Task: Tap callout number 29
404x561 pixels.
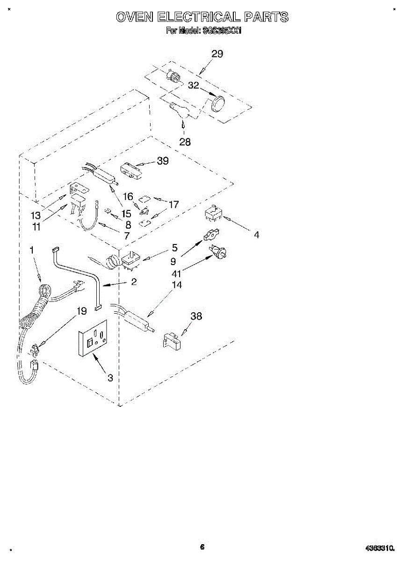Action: (x=217, y=54)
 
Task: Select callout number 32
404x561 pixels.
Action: (x=193, y=86)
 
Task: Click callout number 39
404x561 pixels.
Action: (x=163, y=161)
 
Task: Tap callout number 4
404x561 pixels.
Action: (x=256, y=235)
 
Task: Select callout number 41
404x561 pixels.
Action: (x=176, y=274)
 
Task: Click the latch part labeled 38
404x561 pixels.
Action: (x=172, y=341)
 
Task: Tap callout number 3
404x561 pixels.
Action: (x=110, y=378)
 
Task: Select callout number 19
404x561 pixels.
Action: (x=82, y=310)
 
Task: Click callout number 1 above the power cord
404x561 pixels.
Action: (x=32, y=251)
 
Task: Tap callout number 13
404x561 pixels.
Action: (x=36, y=216)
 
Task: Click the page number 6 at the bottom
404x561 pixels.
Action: (x=202, y=547)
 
